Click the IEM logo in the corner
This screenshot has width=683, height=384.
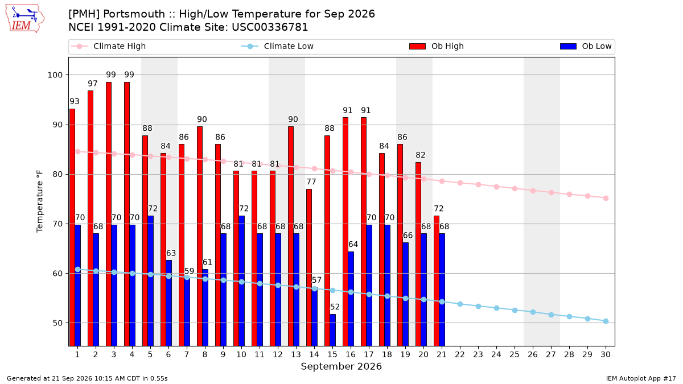pos(24,19)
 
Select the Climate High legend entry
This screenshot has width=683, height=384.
pos(109,46)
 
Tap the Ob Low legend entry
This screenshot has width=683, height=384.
pos(586,46)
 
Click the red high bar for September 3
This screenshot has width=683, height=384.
pos(109,214)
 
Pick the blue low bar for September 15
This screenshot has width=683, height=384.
pos(332,330)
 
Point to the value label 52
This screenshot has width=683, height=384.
pos(335,307)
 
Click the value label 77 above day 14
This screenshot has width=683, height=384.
pos(311,182)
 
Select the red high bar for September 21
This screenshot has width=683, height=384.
pos(437,280)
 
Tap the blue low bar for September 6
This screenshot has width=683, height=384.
pos(168,303)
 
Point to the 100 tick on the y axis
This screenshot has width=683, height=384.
pos(55,75)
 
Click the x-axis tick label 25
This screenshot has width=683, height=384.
pos(515,354)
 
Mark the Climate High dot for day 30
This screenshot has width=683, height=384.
pos(606,199)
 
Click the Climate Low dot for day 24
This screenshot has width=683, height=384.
pos(496,308)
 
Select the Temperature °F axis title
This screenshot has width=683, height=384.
pos(40,201)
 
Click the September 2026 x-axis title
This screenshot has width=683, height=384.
pos(341,366)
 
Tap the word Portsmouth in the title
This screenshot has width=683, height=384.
pos(134,14)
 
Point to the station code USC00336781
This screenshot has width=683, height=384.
pos(270,27)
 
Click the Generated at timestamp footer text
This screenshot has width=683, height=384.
pos(87,378)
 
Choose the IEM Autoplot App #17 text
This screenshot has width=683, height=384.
pos(641,378)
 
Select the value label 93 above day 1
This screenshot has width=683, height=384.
pos(75,101)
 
